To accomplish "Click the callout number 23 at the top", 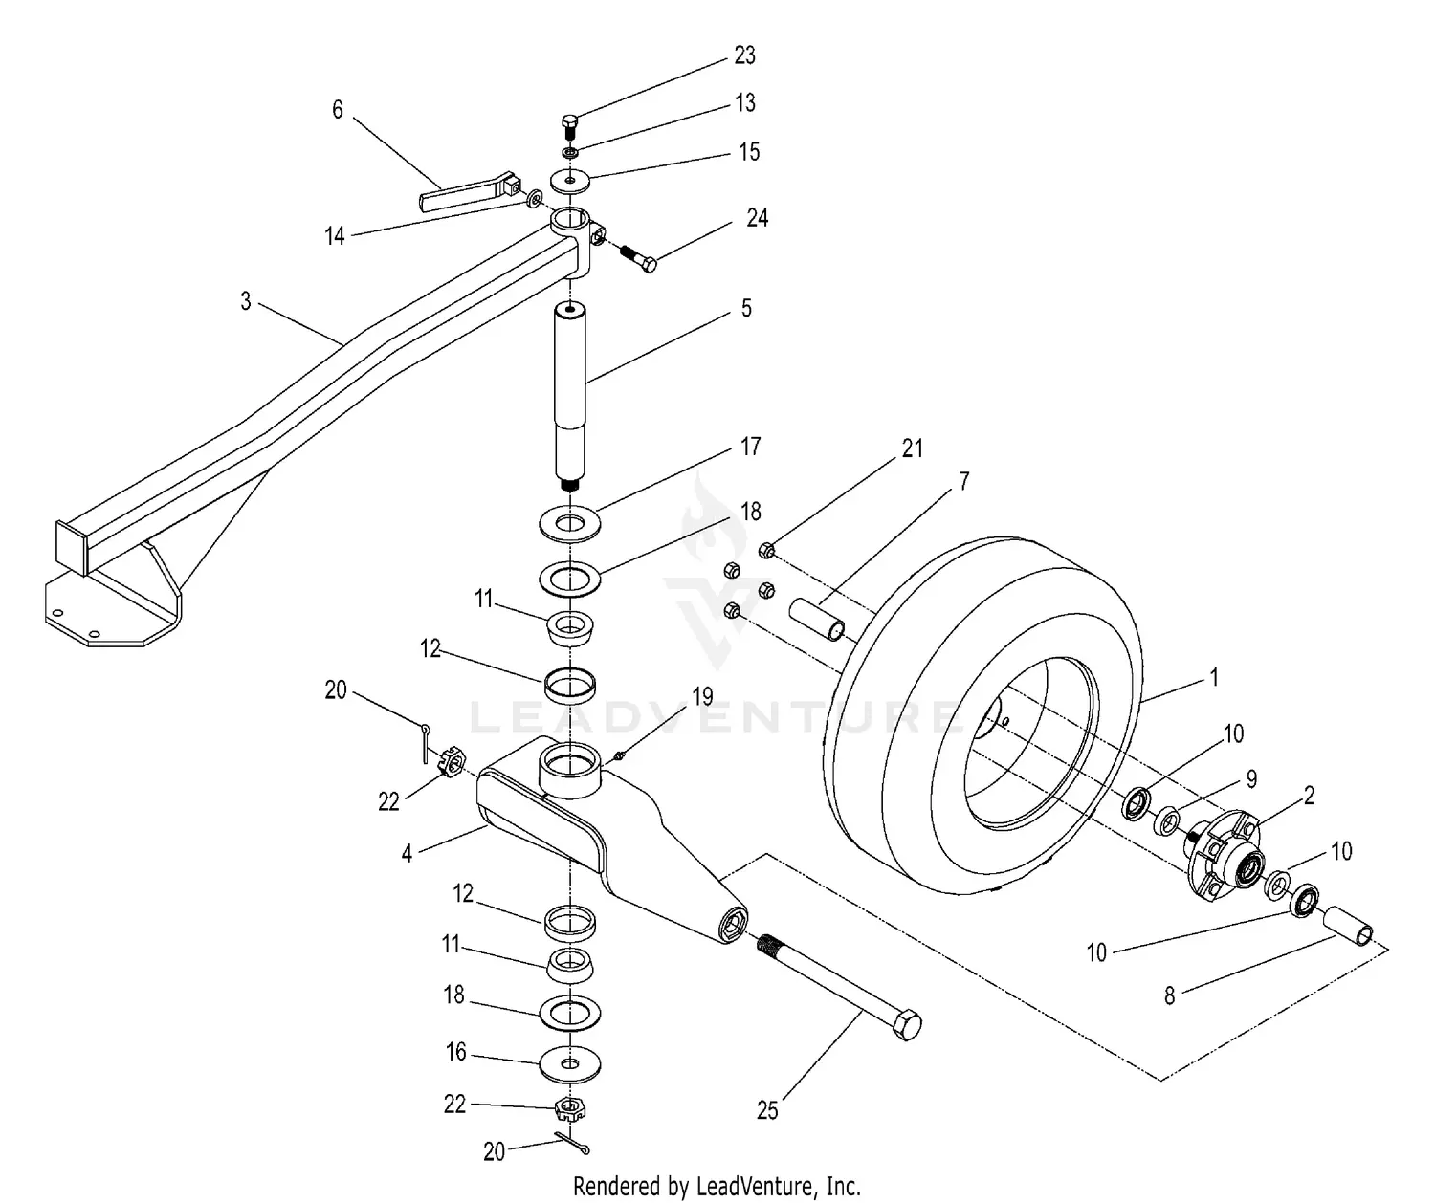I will (x=744, y=55).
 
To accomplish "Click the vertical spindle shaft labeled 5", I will (x=571, y=392).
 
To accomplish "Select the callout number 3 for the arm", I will (x=246, y=301).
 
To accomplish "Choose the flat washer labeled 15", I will (x=570, y=180).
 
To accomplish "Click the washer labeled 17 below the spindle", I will (x=570, y=523).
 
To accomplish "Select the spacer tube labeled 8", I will (x=1349, y=927).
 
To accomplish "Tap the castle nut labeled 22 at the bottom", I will (x=570, y=1109).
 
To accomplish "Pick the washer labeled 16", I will (x=570, y=1063).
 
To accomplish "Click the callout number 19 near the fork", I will (x=702, y=696).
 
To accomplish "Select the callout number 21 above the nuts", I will (x=913, y=448).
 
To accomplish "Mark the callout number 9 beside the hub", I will (x=1251, y=779).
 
